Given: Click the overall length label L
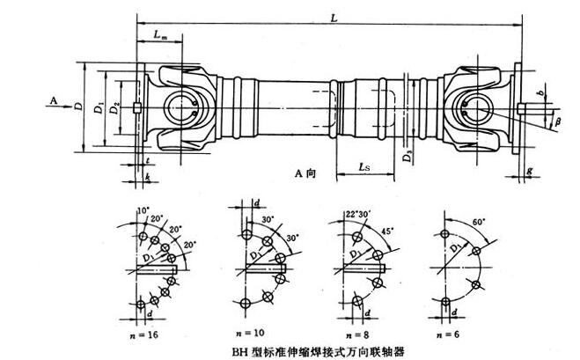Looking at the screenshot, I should click(331, 18).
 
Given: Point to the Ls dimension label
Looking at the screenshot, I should click(363, 165).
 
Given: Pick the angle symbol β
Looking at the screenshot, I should click(554, 121).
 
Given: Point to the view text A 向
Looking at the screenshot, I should click(305, 174).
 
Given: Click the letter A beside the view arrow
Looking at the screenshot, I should click(54, 101).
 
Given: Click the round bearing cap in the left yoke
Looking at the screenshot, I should click(184, 106).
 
